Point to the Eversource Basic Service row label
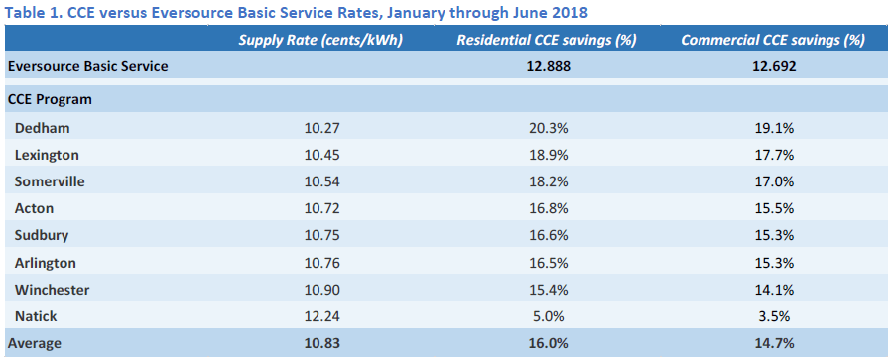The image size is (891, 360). pos(87,66)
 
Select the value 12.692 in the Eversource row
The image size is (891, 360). pos(770,66)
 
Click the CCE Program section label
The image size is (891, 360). pos(51,100)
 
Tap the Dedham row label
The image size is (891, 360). pos(43,128)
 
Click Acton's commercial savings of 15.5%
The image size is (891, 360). pos(770,209)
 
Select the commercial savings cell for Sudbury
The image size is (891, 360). pos(770,236)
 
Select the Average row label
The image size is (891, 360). pos(35,344)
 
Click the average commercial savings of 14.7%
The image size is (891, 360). pos(770,344)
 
